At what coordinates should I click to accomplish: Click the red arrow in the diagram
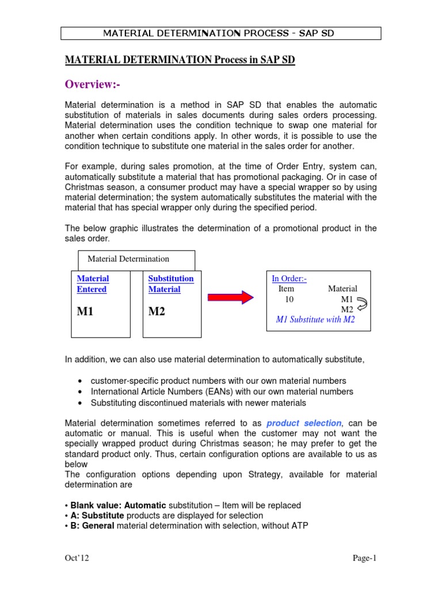pos(230,297)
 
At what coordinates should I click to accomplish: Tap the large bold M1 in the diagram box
pos(86,312)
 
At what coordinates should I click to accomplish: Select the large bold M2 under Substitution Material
pos(157,312)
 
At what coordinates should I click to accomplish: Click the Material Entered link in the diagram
pos(93,284)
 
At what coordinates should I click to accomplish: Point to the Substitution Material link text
pos(171,284)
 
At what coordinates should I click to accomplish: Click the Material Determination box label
pos(128,259)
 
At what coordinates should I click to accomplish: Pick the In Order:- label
pos(289,279)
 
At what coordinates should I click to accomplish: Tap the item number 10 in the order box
pos(289,299)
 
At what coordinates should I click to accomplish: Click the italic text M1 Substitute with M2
pos(315,320)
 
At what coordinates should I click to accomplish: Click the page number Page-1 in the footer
pos(364,558)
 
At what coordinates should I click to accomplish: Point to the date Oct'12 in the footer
pos(77,558)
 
